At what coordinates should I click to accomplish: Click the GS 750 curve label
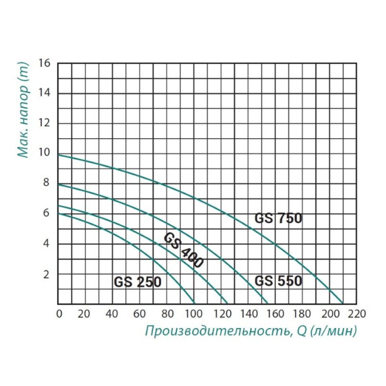(278, 219)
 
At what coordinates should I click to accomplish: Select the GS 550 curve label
(278, 281)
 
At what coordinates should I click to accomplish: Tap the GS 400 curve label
(184, 251)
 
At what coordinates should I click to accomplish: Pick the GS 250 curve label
(138, 282)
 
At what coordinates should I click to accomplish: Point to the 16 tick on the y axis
(45, 62)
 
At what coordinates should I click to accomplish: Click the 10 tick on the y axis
(45, 153)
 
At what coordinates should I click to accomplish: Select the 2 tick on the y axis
(46, 274)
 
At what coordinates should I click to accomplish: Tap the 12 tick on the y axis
(45, 123)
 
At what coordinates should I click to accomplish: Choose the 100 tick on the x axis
(194, 314)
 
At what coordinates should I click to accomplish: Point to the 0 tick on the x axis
(59, 314)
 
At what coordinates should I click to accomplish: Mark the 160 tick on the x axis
(275, 314)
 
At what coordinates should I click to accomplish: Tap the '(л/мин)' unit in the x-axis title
(333, 331)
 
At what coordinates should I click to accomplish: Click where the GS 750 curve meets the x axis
(343, 304)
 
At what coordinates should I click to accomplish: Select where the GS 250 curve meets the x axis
(195, 304)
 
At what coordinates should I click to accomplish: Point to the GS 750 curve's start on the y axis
(58, 155)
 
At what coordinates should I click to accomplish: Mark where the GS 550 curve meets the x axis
(268, 304)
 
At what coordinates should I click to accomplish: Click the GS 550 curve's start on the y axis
(58, 184)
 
